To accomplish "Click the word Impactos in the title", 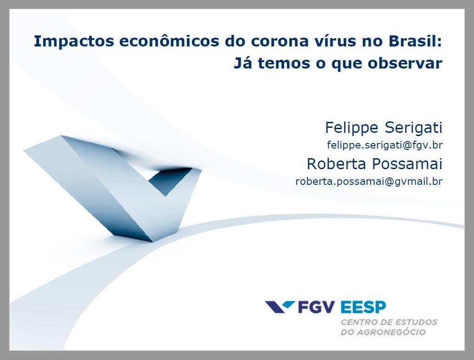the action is [74, 41].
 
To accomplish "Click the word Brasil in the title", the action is [412, 41].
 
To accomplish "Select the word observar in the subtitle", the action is [405, 63].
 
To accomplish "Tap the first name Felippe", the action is [351, 128].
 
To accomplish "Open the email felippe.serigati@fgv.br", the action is [385, 145].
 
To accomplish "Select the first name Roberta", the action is [336, 164].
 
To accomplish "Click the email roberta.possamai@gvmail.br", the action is [369, 181].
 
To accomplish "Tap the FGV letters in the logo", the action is [316, 307].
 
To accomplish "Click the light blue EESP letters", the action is [363, 307].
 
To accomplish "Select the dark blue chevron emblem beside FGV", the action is [280, 307].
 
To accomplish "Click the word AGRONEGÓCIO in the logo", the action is [391, 332].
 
